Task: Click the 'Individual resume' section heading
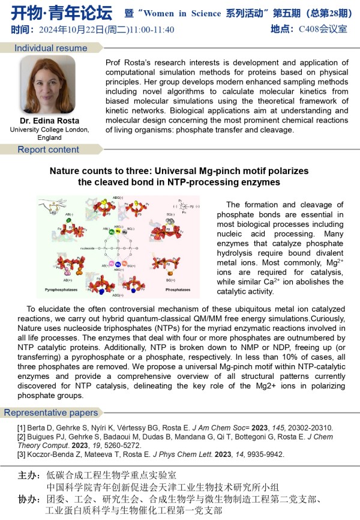(x=50, y=48)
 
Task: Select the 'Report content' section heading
(x=48, y=150)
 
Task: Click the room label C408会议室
(x=324, y=28)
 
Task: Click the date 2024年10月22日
(x=63, y=29)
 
